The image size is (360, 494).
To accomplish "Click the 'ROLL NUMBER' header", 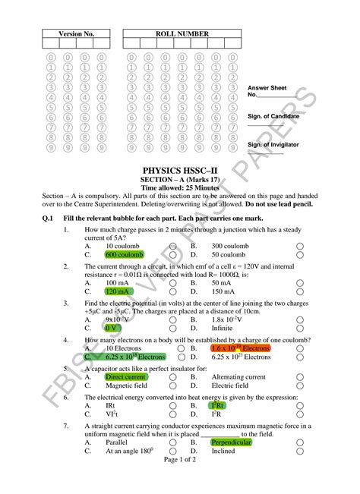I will [182, 35].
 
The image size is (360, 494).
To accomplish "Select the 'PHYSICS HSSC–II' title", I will [180, 171].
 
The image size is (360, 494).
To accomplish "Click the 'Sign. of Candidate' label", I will [273, 116].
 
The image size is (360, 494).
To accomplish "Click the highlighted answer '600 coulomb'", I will [125, 255].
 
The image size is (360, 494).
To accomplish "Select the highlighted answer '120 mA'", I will [121, 291].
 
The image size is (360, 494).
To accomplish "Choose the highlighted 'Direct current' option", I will [125, 376].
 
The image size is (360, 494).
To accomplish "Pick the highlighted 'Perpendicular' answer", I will [231, 442].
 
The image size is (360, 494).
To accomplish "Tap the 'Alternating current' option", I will [238, 376].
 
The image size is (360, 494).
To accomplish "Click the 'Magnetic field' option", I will [128, 385].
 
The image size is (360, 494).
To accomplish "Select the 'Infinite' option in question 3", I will [223, 328].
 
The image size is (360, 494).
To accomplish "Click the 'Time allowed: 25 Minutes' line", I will [180, 187].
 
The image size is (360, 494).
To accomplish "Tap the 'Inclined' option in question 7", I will [223, 450].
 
